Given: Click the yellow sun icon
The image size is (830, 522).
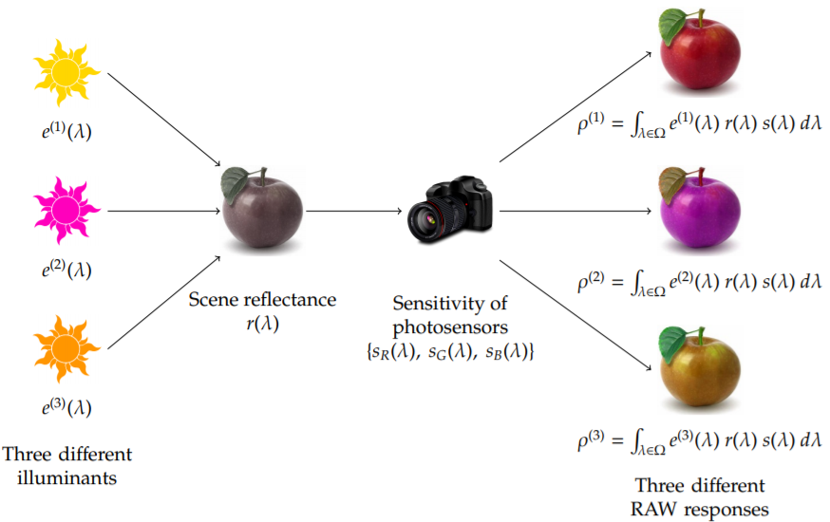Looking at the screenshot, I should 66,72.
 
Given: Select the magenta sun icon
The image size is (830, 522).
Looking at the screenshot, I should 66,207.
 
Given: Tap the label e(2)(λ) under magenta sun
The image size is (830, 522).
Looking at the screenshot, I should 66,270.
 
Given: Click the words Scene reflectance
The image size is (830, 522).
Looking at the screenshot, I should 263,300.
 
